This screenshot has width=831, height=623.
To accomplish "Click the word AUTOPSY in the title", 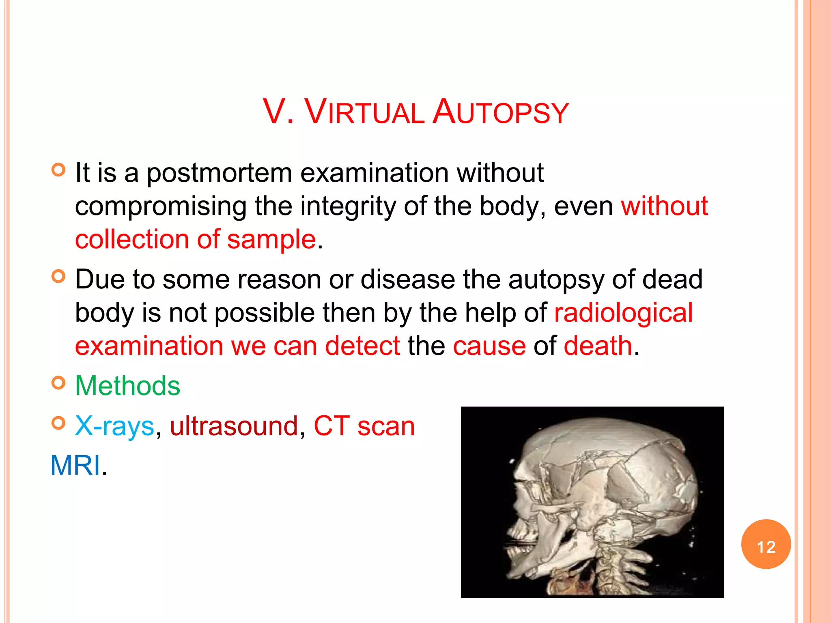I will pos(501,112).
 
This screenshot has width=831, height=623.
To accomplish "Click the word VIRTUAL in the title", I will pos(364,112).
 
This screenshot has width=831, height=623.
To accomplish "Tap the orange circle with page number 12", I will pos(766,544).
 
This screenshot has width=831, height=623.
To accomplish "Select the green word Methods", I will pos(127,385).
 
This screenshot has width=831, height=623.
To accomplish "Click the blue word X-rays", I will pos(114,426).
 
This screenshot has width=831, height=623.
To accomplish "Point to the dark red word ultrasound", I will pos(234,426).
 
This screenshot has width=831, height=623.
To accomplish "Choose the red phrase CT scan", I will pos(364,426).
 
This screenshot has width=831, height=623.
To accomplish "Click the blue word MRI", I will pos(75,465).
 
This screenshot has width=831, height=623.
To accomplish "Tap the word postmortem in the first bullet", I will pos(219,173).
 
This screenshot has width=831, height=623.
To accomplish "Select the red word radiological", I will pos(623,313).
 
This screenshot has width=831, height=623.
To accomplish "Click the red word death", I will pos(598,346).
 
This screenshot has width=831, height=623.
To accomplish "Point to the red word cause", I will pos(489,346).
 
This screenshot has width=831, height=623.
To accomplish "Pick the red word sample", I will pos(271,239).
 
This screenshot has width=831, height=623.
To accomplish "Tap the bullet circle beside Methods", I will pos(58,383).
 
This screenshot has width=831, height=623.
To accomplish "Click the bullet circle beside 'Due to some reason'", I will pos(58,277).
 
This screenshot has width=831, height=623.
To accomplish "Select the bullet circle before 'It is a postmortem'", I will pos(58,170).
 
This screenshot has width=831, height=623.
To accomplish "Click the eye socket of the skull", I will pos(527,491).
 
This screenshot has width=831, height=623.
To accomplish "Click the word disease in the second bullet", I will pos(407,279).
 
